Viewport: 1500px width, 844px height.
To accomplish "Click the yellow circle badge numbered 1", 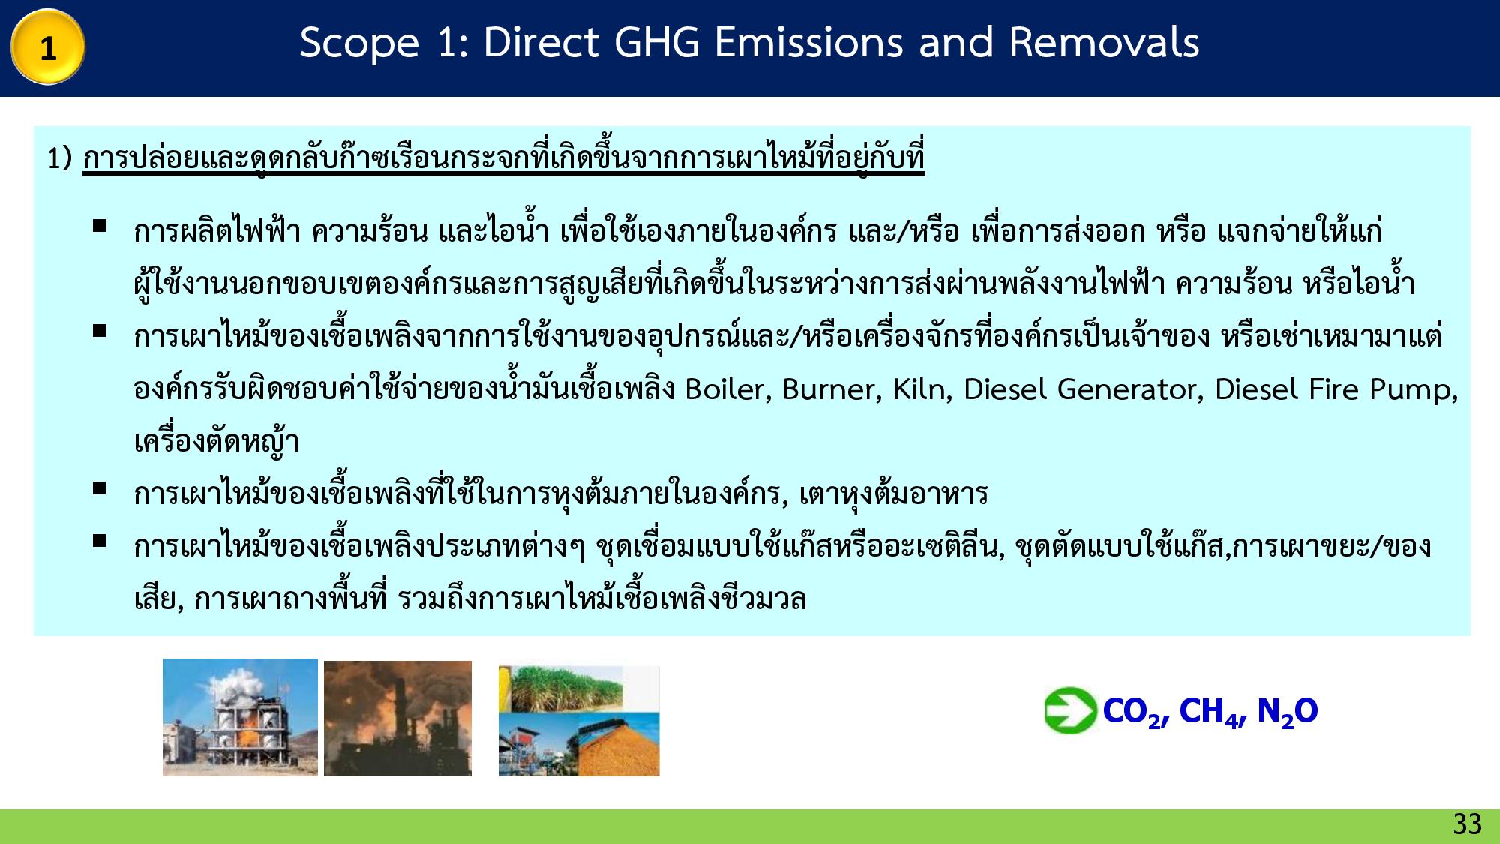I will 47,47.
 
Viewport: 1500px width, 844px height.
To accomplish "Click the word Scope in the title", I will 358,43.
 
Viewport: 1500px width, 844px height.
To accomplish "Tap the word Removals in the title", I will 1104,43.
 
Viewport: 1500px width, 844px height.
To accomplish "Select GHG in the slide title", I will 658,43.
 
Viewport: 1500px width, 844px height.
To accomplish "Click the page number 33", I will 1467,824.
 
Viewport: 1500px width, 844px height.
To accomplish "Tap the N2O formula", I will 1287,711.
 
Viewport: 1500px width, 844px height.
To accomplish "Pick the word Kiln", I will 922,389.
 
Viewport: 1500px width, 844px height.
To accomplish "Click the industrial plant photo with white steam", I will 240,717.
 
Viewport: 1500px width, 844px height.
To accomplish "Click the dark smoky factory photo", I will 397,718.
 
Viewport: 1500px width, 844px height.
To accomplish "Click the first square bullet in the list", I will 99,225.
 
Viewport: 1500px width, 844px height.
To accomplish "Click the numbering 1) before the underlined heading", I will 59,158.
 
